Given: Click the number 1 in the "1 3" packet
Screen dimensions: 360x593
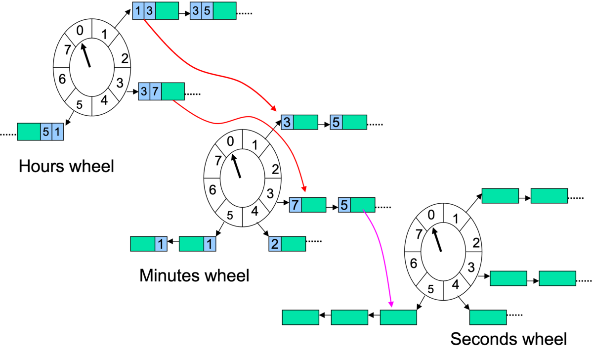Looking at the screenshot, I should [x=138, y=11].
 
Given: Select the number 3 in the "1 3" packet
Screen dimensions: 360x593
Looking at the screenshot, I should [x=149, y=11].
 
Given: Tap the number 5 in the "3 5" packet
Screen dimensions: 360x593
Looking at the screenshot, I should [x=207, y=11].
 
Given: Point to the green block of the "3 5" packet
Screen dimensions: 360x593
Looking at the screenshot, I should [x=224, y=11].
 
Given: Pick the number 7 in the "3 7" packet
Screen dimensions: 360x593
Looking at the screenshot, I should [x=156, y=91].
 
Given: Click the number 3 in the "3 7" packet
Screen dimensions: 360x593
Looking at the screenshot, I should [x=144, y=91].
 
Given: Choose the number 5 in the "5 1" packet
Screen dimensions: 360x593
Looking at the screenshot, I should [x=46, y=132].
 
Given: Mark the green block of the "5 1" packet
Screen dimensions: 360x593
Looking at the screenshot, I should [x=29, y=132].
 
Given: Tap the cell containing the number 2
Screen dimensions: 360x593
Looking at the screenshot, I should [x=275, y=244].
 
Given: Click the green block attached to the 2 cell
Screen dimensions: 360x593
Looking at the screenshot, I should [x=293, y=244].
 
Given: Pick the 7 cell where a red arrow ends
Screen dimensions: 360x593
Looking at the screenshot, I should [x=296, y=205].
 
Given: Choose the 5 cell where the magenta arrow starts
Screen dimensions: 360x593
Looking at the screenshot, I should [x=344, y=205].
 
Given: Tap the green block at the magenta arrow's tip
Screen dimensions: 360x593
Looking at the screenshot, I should [x=398, y=317].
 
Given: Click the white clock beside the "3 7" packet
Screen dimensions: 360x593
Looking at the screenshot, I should [x=92, y=67].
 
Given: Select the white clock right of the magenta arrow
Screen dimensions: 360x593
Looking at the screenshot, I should [x=443, y=252].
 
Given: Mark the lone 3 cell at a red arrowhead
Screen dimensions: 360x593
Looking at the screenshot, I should [x=287, y=122].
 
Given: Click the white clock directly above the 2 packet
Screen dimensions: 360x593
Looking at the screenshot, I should [x=242, y=178].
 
